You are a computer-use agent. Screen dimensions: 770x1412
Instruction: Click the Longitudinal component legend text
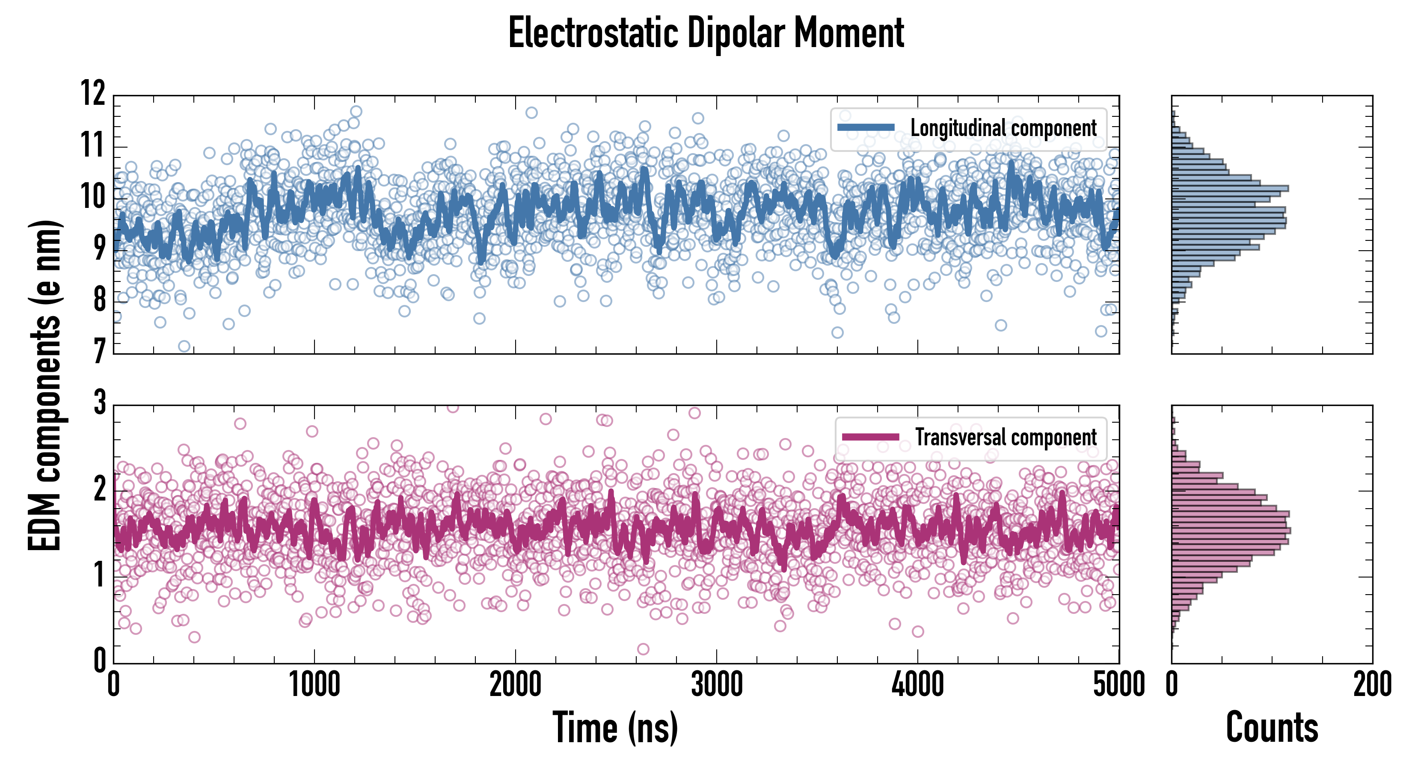[x=1003, y=128]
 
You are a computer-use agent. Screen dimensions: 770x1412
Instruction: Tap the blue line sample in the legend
[x=866, y=128]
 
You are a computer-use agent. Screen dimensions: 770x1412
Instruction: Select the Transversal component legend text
[x=1006, y=437]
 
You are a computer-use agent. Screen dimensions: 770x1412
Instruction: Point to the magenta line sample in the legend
[x=870, y=437]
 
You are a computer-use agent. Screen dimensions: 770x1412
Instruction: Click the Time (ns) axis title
[x=615, y=728]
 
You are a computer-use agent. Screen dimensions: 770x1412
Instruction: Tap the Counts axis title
[x=1272, y=728]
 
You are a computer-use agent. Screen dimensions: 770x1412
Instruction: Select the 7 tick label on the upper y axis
[x=99, y=351]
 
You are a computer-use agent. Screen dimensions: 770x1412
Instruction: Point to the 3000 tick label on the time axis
[x=716, y=685]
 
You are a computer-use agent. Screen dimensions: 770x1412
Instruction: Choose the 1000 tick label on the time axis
[x=314, y=685]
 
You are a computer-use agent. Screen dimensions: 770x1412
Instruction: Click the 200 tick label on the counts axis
[x=1372, y=685]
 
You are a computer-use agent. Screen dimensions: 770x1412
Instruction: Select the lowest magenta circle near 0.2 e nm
[x=643, y=649]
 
